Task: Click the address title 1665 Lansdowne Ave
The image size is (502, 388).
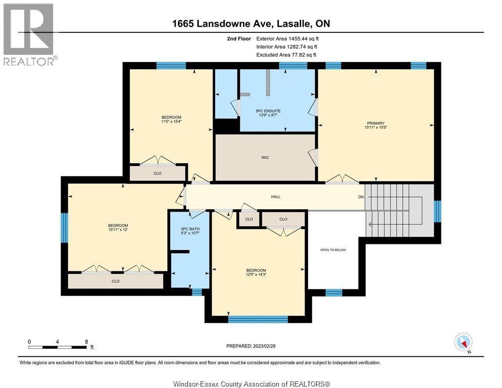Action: (250, 24)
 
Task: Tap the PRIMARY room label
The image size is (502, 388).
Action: (376, 123)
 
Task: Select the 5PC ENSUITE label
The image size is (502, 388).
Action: (268, 111)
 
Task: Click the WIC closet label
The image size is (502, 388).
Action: (265, 158)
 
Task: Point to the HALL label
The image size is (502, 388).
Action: (275, 197)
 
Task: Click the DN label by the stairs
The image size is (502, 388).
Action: (361, 197)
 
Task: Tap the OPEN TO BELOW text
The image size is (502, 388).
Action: (333, 250)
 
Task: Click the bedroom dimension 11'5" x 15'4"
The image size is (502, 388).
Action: (171, 121)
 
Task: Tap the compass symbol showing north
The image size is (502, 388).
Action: (463, 342)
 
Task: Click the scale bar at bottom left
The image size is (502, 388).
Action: (58, 347)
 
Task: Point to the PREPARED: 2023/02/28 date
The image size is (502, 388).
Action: (251, 346)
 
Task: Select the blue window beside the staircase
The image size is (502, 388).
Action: (437, 211)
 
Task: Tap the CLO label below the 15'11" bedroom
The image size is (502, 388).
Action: (116, 281)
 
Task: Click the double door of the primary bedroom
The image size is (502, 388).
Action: (342, 179)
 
